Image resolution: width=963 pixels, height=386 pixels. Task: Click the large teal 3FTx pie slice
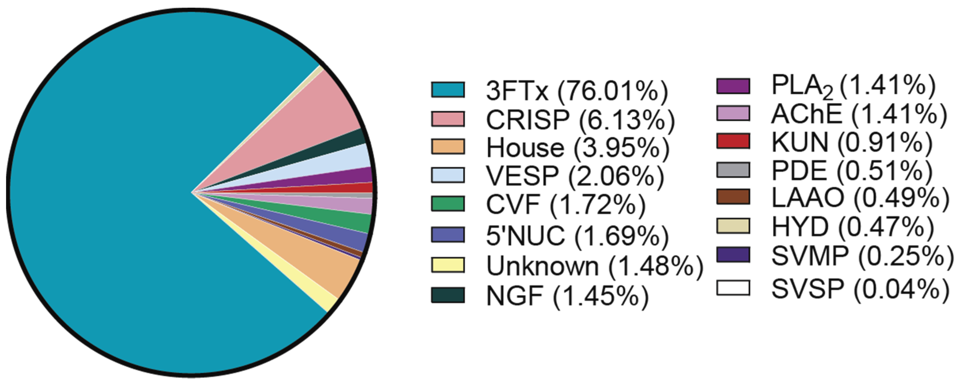tap(112, 194)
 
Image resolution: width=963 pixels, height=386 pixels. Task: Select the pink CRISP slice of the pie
tap(322, 109)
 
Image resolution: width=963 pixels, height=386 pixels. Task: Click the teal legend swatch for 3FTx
tap(448, 90)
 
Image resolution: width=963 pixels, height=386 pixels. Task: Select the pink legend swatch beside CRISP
tap(448, 119)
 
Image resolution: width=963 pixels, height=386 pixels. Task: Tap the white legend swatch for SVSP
tap(733, 288)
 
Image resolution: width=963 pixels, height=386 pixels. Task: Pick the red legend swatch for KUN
tap(733, 141)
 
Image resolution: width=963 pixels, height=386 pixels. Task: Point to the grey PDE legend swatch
tap(733, 170)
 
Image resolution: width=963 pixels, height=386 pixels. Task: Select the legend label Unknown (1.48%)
tap(594, 266)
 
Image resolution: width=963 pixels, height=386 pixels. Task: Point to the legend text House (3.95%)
tap(578, 148)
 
